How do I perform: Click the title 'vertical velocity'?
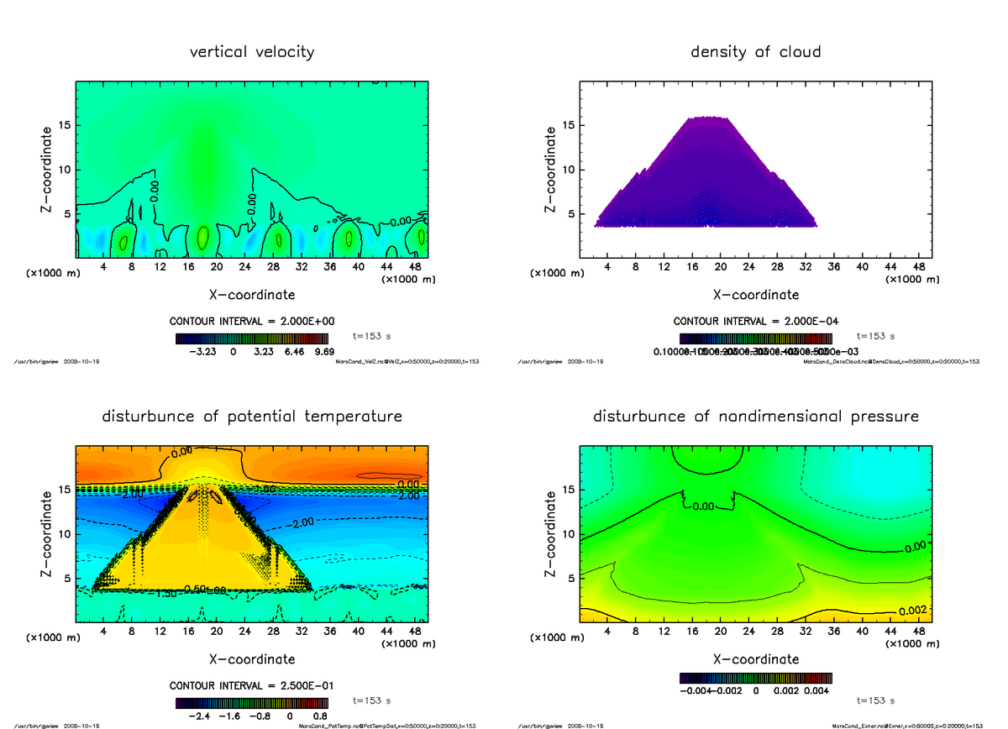pyautogui.click(x=252, y=52)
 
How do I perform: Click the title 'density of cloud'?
pyautogui.click(x=755, y=52)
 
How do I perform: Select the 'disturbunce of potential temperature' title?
pyautogui.click(x=252, y=417)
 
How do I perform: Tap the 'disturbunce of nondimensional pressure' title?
pyautogui.click(x=755, y=417)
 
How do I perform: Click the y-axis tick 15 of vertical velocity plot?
pyautogui.click(x=65, y=126)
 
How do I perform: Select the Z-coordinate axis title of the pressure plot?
pyautogui.click(x=552, y=533)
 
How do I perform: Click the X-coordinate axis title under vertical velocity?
pyautogui.click(x=252, y=295)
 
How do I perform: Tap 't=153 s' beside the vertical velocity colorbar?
pyautogui.click(x=372, y=336)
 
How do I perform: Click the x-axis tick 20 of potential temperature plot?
pyautogui.click(x=217, y=632)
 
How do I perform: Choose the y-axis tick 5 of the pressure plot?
pyautogui.click(x=571, y=578)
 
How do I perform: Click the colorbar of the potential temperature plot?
pyautogui.click(x=251, y=704)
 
